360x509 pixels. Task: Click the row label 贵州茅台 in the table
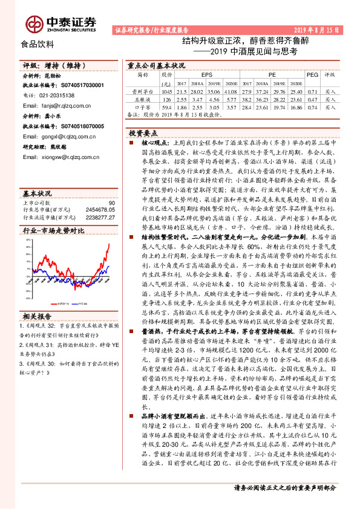[x=143, y=90]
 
